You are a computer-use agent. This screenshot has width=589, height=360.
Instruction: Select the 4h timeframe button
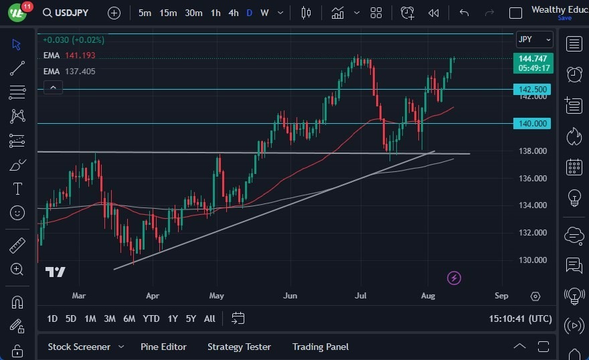coord(233,13)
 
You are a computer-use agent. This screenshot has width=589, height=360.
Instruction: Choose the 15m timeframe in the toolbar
coord(169,13)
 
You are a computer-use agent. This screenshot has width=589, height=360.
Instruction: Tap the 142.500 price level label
coord(533,89)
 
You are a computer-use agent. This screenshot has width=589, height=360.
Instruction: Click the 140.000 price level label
coord(533,123)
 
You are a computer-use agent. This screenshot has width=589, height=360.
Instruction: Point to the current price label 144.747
coord(534,59)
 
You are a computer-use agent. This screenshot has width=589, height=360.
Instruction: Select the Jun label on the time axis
coord(290,295)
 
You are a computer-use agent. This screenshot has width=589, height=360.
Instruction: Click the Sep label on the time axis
coord(501,295)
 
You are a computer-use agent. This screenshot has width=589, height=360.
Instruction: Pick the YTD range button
coord(151,319)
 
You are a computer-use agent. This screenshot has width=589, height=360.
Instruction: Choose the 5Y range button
coord(191,319)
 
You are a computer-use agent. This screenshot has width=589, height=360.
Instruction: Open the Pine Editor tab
coord(163,347)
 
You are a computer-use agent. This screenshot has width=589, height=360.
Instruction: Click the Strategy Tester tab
coord(239,347)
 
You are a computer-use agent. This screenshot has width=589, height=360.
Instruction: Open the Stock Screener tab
coord(79,347)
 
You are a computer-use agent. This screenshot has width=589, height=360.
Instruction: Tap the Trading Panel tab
coord(321,347)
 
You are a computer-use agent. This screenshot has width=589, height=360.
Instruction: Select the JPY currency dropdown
coord(534,39)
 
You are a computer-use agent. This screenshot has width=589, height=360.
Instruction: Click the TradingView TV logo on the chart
coord(55,272)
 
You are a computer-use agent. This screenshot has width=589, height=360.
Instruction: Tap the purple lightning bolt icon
coord(454,278)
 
